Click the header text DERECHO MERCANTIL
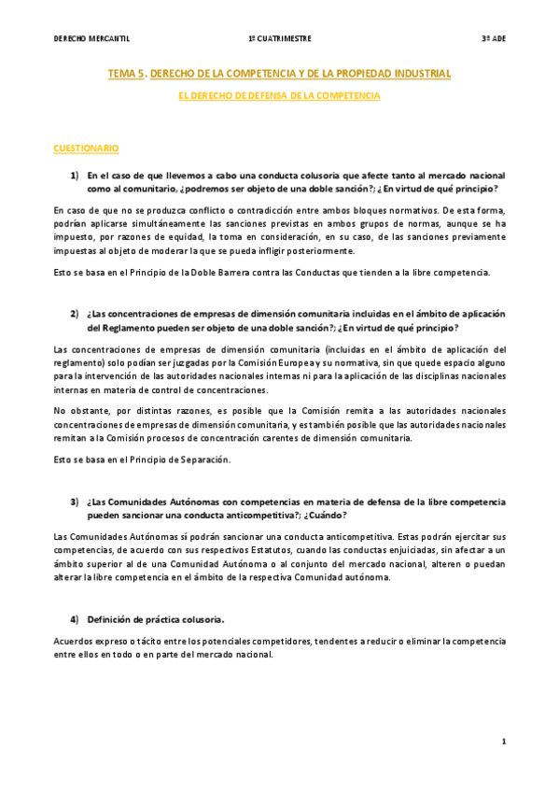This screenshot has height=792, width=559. (x=91, y=38)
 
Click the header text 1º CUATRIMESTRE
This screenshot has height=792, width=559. (x=280, y=38)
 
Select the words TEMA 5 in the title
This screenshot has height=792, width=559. (x=126, y=73)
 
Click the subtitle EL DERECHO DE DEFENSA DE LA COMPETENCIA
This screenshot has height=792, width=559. (x=279, y=96)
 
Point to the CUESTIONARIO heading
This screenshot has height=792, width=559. (x=86, y=148)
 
